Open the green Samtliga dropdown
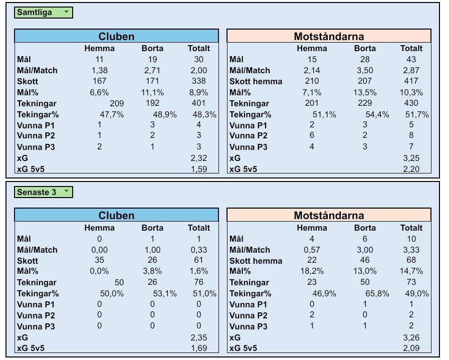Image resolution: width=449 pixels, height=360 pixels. [x=44, y=13]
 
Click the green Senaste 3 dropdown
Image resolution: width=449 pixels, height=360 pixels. [x=44, y=192]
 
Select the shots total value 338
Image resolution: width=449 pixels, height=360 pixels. [x=198, y=81]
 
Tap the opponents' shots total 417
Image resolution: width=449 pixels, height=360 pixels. [x=411, y=81]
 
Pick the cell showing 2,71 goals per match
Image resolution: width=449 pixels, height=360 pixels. [x=152, y=70]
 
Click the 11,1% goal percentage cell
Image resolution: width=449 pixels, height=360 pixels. [x=152, y=92]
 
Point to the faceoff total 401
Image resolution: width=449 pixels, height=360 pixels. [x=198, y=103]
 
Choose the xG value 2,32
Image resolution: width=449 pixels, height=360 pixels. [x=198, y=158]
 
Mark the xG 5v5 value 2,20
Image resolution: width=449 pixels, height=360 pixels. [x=411, y=169]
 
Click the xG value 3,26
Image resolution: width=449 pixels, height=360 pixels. [x=411, y=337]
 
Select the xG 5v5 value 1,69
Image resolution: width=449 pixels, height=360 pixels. [x=198, y=348]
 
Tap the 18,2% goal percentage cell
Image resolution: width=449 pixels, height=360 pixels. [x=312, y=271]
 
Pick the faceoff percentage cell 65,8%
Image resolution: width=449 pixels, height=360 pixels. [x=377, y=294]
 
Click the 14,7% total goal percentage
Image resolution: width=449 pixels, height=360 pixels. [x=411, y=271]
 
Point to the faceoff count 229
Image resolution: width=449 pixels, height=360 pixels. [x=365, y=103]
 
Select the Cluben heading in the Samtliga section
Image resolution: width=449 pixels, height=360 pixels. [x=116, y=36]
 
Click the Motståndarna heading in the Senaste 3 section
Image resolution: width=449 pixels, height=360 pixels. [x=329, y=216]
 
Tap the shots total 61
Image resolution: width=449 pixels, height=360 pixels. [x=198, y=260]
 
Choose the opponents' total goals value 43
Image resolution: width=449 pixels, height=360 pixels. [x=411, y=59]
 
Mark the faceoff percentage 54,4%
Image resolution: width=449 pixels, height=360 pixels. [x=377, y=114]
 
